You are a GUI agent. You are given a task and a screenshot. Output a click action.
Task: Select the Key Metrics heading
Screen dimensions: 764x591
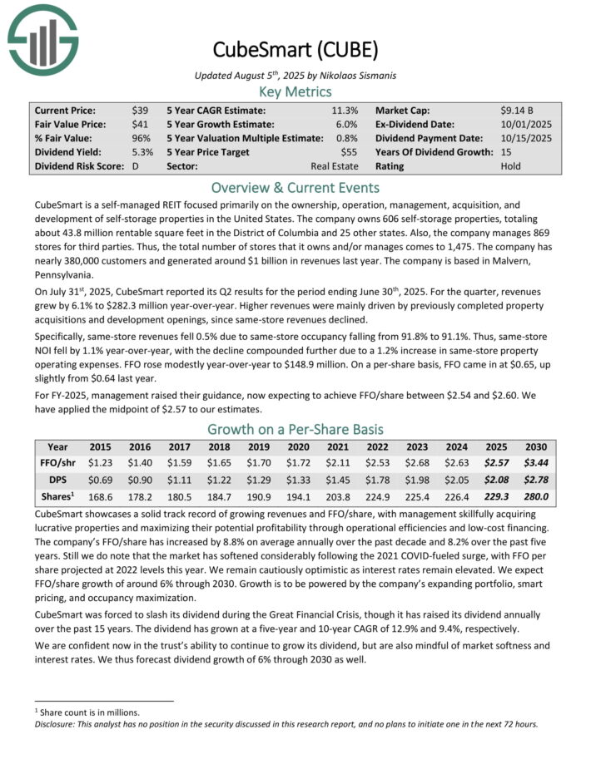[295, 91]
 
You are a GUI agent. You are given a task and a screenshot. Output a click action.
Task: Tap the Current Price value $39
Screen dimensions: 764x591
[140, 110]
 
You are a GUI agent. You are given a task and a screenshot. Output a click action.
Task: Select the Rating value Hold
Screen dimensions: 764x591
[511, 166]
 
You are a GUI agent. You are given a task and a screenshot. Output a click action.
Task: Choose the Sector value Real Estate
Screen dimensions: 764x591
[335, 166]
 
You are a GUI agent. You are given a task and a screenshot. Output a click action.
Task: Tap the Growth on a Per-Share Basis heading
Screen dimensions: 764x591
[295, 429]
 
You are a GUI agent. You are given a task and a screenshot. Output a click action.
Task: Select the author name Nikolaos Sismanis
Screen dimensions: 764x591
[356, 76]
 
